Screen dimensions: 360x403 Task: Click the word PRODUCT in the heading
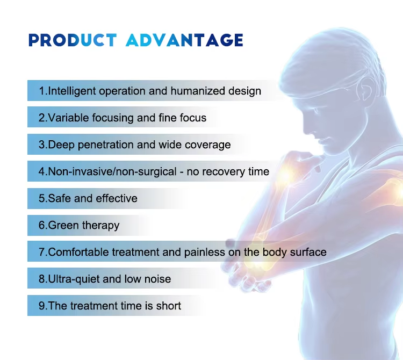point(73,40)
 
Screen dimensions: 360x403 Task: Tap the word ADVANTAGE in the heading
point(184,40)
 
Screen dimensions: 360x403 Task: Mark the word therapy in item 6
point(100,225)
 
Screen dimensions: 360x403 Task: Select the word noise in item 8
point(157,279)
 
